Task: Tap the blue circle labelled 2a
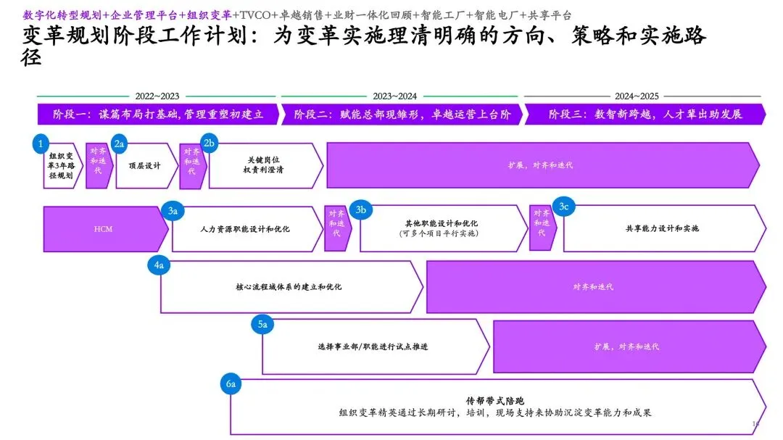tap(120, 144)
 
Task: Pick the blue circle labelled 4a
tap(160, 266)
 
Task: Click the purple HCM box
tap(103, 229)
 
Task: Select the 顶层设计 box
tap(145, 166)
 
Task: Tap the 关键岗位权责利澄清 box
tap(263, 166)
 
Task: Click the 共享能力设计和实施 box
tap(662, 229)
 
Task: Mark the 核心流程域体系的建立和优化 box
tap(289, 287)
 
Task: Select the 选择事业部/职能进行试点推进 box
tap(373, 346)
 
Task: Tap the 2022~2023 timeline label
tap(157, 96)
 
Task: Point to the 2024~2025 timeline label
tap(637, 96)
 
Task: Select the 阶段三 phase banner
tap(645, 115)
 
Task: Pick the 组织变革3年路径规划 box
tap(61, 166)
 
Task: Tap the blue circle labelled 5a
tap(262, 325)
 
